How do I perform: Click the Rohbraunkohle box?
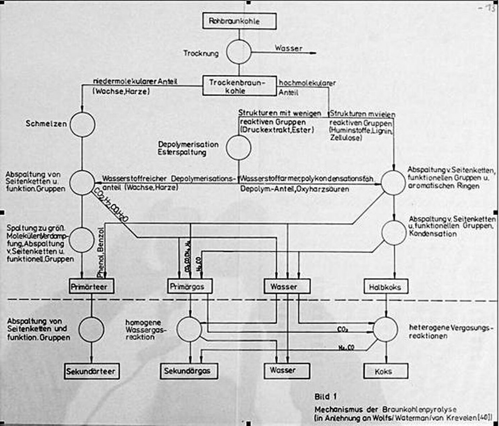(239, 21)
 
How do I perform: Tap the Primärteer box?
(91, 287)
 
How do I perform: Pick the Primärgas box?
(190, 287)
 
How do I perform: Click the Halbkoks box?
(385, 287)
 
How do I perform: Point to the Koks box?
(385, 371)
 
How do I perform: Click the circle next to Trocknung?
(239, 53)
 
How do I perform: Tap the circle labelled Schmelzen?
(82, 124)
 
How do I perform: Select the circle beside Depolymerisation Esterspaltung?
(238, 148)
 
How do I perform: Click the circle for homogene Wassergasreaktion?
(189, 329)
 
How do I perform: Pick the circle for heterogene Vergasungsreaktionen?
(385, 329)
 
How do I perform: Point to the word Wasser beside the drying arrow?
(289, 48)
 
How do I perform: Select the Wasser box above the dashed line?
(287, 287)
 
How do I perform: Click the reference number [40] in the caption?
(484, 418)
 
